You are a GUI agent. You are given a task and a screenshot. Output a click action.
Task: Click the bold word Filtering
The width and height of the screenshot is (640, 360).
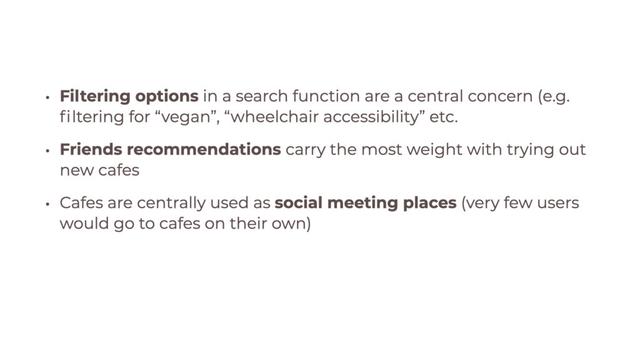click(95, 97)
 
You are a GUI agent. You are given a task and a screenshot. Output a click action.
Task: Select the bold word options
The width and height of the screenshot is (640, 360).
click(167, 97)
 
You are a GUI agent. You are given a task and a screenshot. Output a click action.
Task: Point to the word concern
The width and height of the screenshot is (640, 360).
click(500, 97)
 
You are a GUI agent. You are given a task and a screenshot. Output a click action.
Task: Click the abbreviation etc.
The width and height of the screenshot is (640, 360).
click(443, 117)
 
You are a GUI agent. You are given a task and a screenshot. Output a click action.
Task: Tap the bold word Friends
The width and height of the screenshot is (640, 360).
click(91, 149)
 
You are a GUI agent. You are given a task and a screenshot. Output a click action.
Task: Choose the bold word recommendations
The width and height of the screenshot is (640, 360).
click(204, 149)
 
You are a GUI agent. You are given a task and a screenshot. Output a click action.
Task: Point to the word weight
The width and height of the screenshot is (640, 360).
click(434, 150)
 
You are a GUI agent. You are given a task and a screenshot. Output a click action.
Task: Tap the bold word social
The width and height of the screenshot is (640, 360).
click(299, 203)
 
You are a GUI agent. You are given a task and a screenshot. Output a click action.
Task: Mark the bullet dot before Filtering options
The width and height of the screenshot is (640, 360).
click(47, 97)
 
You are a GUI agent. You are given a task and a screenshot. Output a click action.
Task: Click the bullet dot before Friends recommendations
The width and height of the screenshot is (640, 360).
click(47, 151)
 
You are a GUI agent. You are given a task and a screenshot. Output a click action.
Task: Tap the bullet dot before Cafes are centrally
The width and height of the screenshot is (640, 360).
click(47, 204)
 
